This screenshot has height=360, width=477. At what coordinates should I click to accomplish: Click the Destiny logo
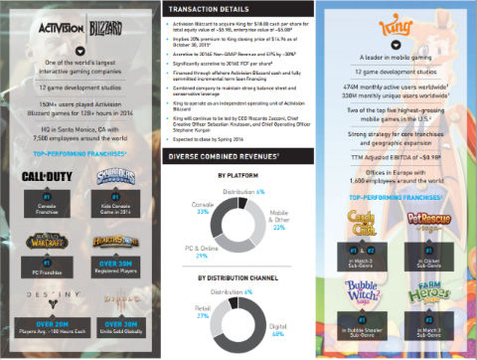pos(47,295)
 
